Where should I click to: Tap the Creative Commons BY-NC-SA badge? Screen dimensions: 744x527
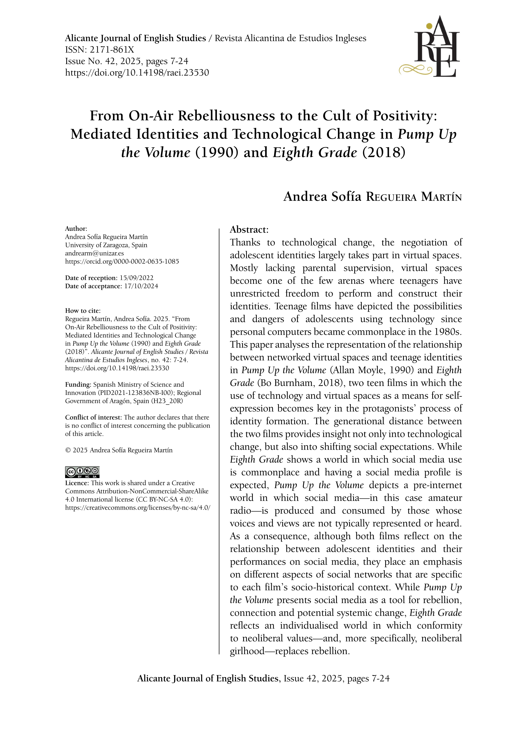pos(82,472)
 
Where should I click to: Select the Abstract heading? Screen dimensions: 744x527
pos(249,230)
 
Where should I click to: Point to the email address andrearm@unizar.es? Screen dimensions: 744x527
pos(95,253)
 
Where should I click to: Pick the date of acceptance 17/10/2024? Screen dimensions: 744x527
pos(141,286)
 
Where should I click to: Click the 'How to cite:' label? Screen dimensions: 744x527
pos(83,311)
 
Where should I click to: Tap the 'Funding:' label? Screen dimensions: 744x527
pos(78,385)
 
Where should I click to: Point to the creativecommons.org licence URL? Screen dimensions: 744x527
pos(138,508)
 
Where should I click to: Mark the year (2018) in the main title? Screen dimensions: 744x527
pos(384,152)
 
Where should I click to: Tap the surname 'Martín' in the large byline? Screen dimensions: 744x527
pos(441,197)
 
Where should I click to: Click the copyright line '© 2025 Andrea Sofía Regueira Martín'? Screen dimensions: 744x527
pos(119,450)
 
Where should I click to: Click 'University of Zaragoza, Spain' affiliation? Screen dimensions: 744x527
pos(106,245)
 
